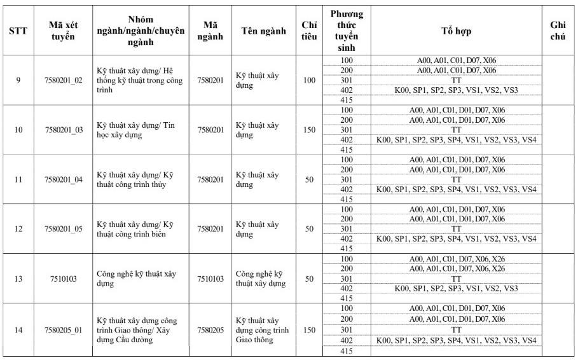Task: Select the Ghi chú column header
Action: tap(557, 31)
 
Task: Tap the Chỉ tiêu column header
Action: tap(309, 31)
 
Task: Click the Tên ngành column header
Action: tap(264, 31)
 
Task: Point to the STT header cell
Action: tap(18, 31)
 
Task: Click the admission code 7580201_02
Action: tap(65, 80)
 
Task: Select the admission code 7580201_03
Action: tap(65, 130)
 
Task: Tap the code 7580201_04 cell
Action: tap(65, 179)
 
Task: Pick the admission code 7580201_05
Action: tap(65, 229)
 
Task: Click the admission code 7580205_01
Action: tap(65, 330)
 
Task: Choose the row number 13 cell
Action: tap(18, 279)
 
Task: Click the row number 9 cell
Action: tap(18, 80)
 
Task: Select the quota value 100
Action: tap(309, 80)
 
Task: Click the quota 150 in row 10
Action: tap(309, 130)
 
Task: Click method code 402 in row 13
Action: tap(347, 288)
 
